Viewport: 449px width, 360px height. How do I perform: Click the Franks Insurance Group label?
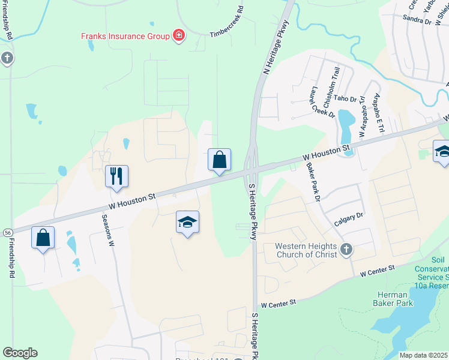(126, 36)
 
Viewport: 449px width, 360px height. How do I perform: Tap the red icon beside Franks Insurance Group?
(178, 36)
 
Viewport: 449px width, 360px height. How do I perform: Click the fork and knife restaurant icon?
(116, 175)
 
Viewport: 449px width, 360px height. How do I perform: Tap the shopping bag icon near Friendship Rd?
(43, 238)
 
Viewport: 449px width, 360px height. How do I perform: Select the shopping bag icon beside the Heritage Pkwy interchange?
(220, 160)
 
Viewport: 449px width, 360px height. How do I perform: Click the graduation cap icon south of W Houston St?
(187, 222)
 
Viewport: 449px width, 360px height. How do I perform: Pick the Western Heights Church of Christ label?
(306, 250)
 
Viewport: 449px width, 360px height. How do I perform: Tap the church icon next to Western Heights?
(346, 250)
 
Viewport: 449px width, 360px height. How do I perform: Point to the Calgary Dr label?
(349, 219)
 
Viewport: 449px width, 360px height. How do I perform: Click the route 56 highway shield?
(8, 233)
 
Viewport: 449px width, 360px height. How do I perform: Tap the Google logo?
(20, 352)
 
